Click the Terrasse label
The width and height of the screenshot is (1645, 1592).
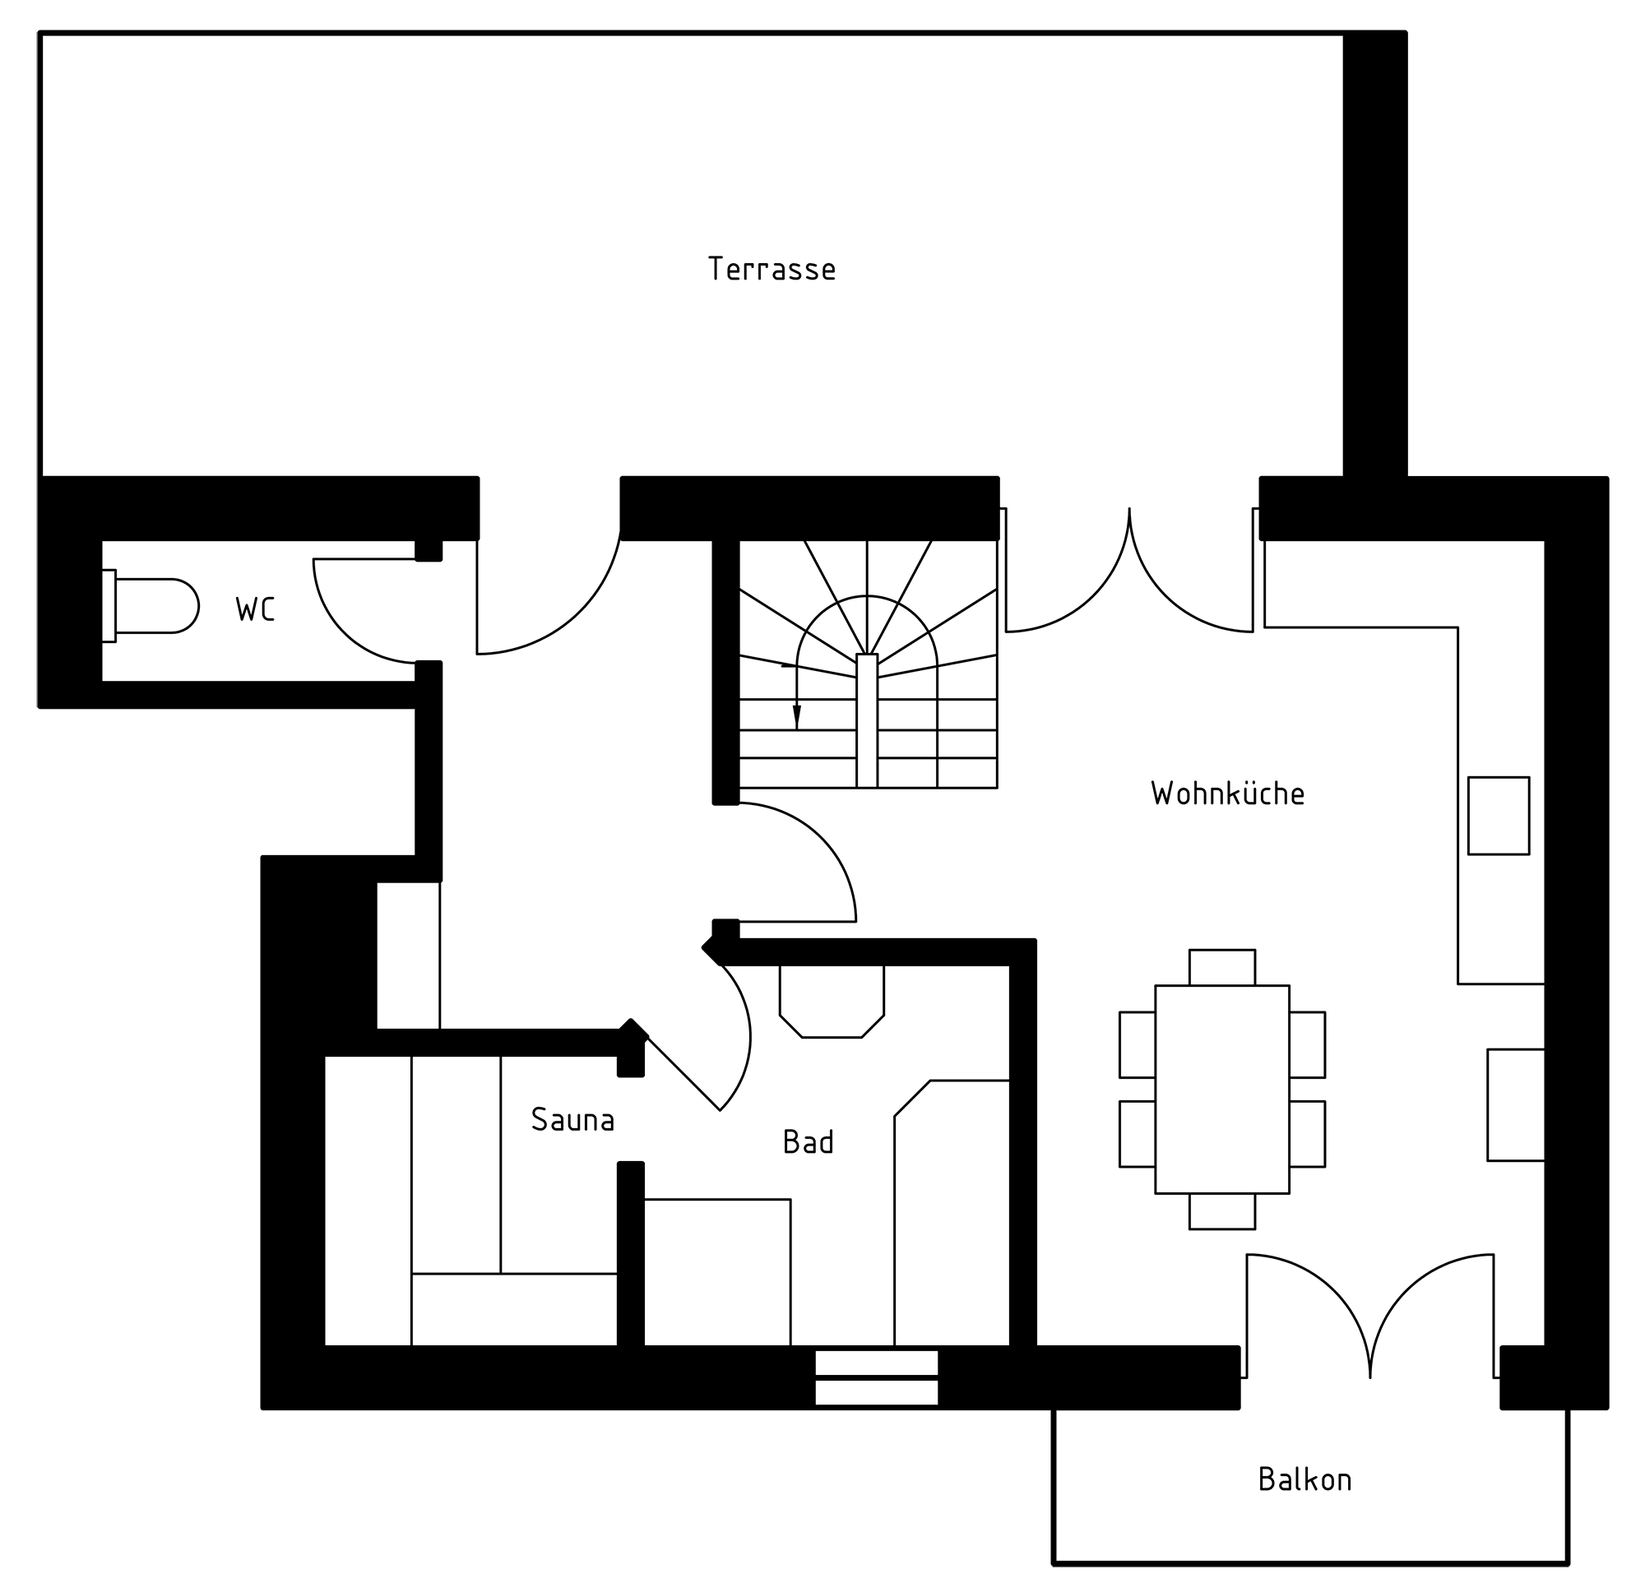[x=772, y=269]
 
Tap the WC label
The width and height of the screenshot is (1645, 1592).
[x=255, y=609]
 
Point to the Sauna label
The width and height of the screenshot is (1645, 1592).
[x=572, y=1119]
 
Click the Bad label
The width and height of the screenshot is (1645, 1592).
[x=809, y=1141]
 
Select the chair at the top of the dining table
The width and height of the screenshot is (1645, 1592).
[x=1222, y=968]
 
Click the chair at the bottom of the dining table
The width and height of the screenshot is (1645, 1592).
[x=1222, y=1211]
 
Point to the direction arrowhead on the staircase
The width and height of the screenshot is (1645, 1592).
[x=796, y=718]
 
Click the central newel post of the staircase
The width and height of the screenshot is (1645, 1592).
[x=867, y=721]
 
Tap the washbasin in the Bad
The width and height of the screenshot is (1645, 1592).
[x=832, y=1002]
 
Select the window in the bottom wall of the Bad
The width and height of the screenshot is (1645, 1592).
[x=876, y=1377]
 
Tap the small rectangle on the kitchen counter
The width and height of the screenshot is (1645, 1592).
[x=1498, y=816]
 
